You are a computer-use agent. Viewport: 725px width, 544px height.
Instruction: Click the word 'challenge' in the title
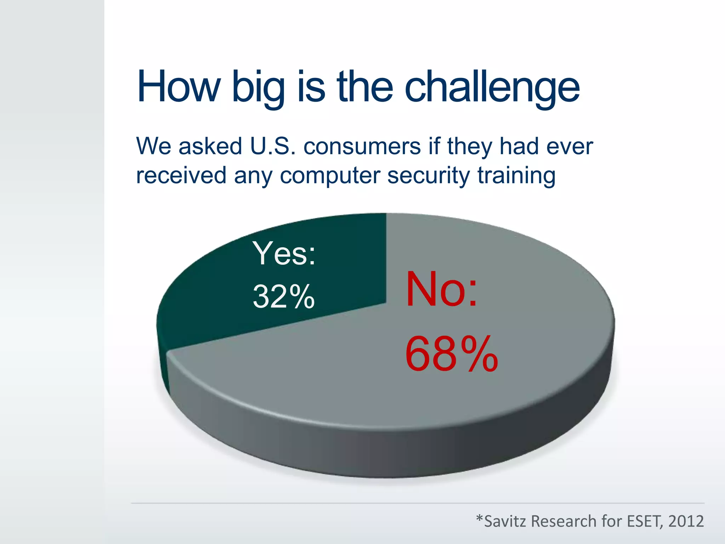[x=492, y=87]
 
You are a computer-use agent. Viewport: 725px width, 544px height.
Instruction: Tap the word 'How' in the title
[x=179, y=87]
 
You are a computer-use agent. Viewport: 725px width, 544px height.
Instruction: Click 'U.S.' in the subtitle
[x=273, y=146]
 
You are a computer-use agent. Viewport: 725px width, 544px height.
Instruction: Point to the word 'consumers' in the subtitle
[x=362, y=147]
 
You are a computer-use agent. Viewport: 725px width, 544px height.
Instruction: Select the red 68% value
[x=451, y=354]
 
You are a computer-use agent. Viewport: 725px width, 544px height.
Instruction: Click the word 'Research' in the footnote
[x=563, y=521]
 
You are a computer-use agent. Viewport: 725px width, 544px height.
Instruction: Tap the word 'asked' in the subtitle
[x=210, y=146]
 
